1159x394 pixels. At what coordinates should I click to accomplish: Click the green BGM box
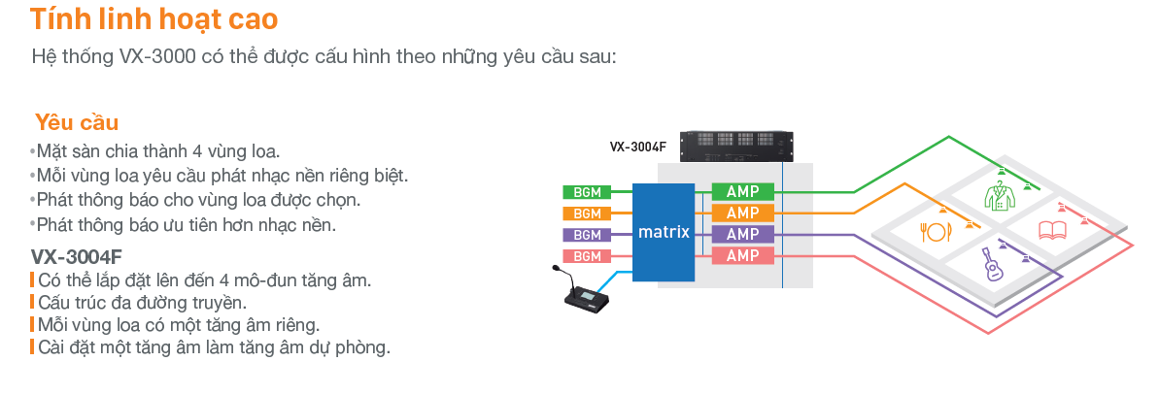point(586,192)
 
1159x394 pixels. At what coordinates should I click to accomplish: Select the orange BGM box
point(586,213)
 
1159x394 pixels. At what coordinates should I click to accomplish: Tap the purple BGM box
point(586,235)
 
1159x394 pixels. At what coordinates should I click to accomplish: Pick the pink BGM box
point(586,256)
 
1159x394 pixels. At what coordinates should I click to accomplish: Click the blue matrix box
point(664,232)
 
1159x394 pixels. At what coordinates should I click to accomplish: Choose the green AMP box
point(742,191)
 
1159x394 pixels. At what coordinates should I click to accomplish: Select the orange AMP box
point(742,213)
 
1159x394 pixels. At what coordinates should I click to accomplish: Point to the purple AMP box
point(742,234)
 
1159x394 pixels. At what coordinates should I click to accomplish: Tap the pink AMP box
point(742,255)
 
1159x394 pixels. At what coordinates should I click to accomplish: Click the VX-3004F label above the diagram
point(638,148)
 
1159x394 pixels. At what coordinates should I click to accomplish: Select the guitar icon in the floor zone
point(989,261)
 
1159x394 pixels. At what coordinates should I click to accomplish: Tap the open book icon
point(1052,230)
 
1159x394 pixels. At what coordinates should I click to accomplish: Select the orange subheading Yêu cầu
point(77,122)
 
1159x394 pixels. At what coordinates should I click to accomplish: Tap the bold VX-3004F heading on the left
point(76,257)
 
